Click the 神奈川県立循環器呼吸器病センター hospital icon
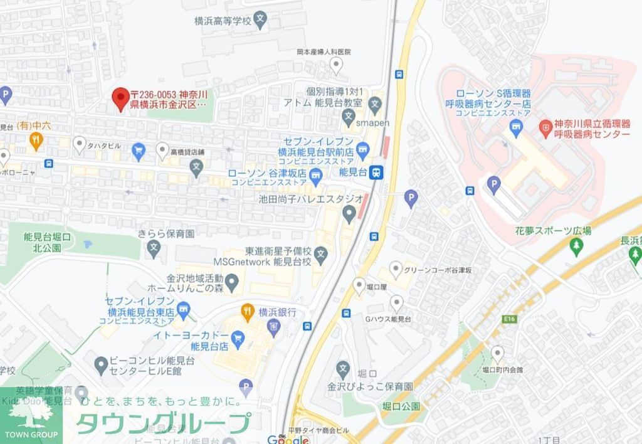545,129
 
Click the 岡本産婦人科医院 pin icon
337,65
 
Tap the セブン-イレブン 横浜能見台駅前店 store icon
362,149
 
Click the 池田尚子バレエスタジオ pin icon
349,215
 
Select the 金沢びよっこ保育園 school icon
342,369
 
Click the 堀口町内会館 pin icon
497,352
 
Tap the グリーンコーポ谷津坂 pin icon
396,270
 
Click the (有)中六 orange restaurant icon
36,141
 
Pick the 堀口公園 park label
401,406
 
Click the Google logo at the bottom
288,438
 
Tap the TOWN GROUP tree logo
31,415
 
